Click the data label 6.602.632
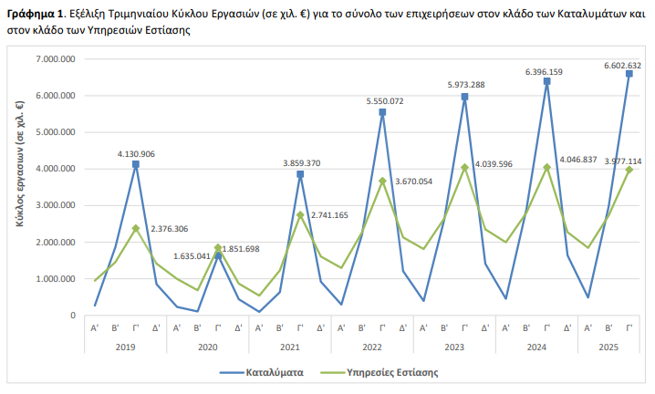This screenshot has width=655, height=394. pyautogui.click(x=622, y=65)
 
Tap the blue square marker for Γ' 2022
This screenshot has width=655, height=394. pyautogui.click(x=382, y=112)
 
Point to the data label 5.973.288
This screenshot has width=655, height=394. pyautogui.click(x=465, y=85)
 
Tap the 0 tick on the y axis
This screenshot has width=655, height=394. pyautogui.click(x=71, y=316)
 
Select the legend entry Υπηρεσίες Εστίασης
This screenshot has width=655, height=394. pyautogui.click(x=398, y=373)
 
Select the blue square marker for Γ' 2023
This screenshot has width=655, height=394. pyautogui.click(x=464, y=97)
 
